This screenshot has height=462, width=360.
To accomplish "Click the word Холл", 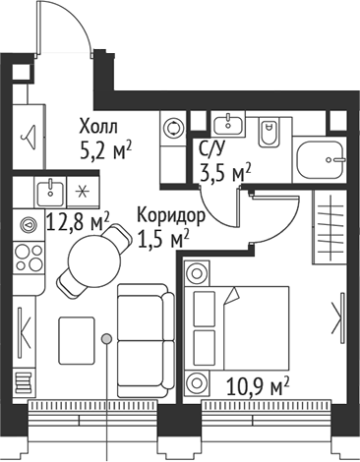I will click(98, 128).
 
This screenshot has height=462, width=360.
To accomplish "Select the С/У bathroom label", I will click(211, 150).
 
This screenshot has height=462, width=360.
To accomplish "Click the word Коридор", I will click(171, 215).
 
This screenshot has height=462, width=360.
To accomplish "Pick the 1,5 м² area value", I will click(162, 237).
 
